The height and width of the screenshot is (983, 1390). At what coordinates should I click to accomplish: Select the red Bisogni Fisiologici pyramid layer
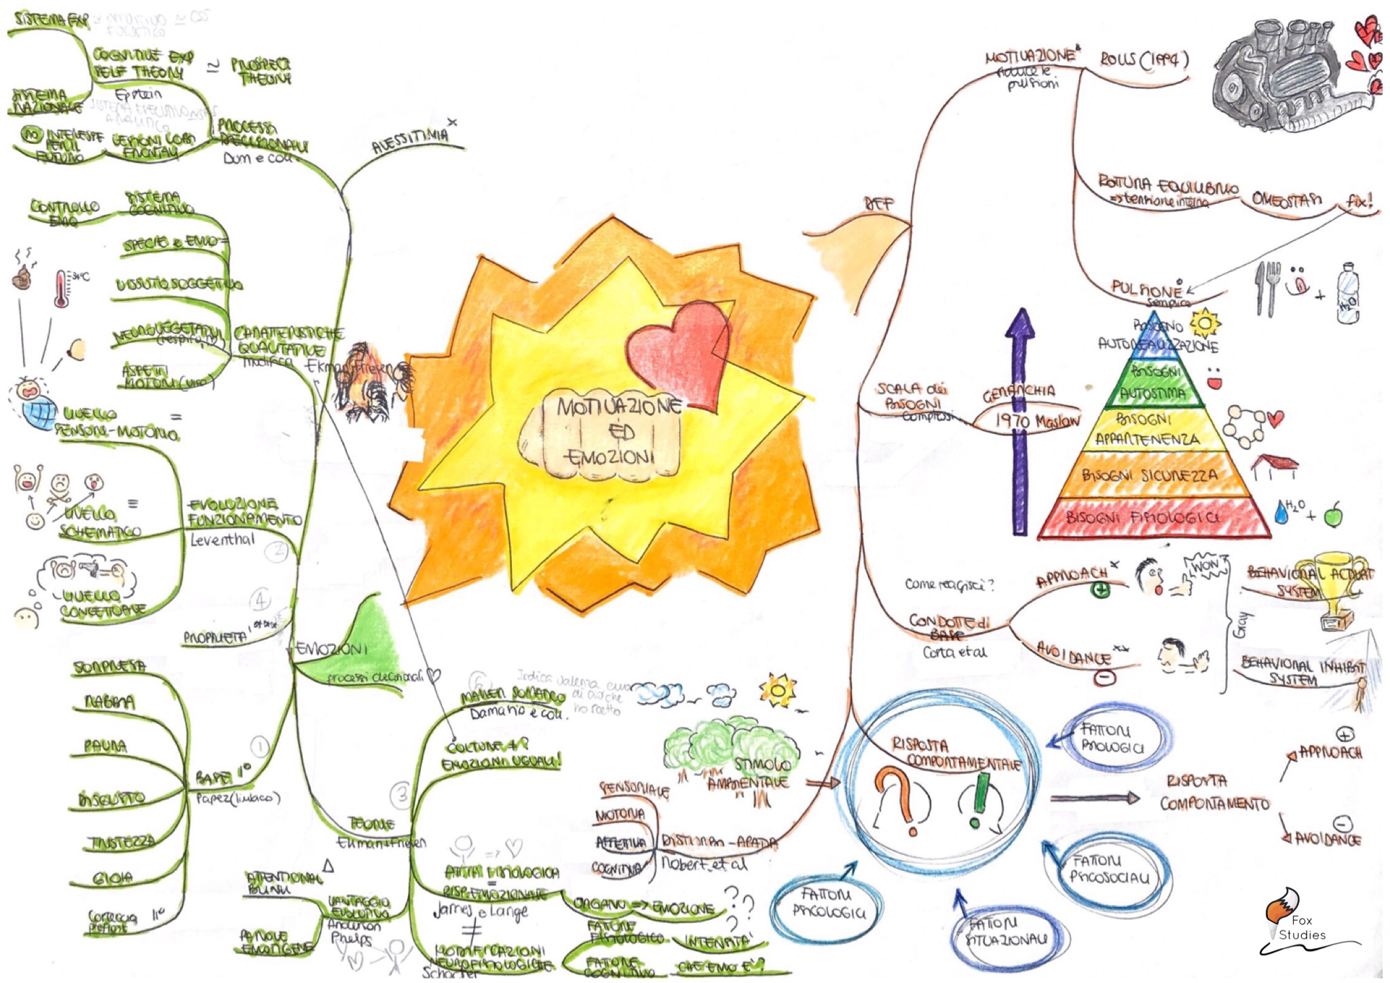click(1154, 517)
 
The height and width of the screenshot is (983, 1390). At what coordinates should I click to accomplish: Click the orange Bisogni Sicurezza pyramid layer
click(1154, 475)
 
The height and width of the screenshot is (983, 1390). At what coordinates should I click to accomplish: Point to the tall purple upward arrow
click(1019, 421)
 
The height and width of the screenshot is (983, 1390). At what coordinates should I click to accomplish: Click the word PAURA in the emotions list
click(105, 746)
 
